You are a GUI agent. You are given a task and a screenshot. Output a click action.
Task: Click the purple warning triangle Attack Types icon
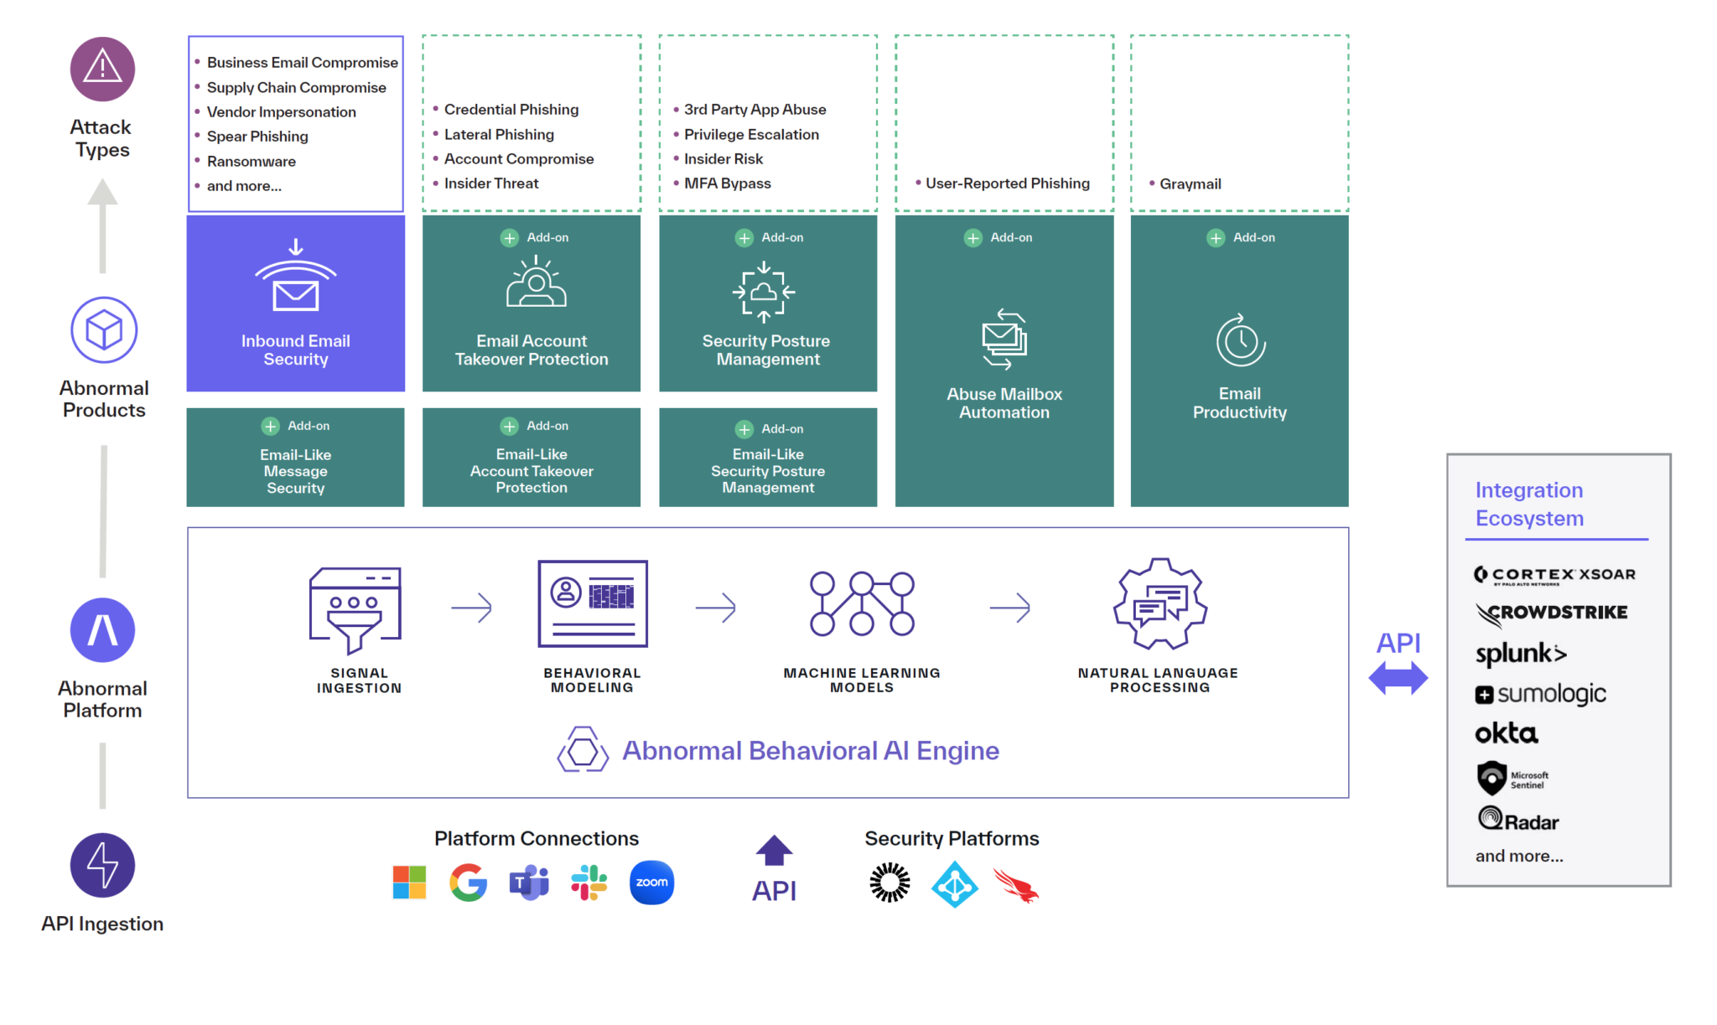(102, 69)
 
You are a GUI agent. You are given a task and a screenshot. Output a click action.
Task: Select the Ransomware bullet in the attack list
(251, 161)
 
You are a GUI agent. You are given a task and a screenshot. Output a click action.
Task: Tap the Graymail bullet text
(1190, 184)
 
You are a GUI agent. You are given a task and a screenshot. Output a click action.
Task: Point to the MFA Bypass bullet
(727, 183)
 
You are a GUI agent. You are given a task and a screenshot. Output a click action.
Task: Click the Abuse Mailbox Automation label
(1004, 403)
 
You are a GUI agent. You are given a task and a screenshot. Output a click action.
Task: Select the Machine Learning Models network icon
(862, 603)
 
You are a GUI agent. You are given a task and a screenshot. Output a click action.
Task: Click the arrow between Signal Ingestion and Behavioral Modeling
(471, 607)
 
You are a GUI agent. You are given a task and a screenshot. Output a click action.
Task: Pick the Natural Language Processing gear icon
(1160, 603)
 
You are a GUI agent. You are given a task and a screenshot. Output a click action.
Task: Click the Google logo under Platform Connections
(469, 883)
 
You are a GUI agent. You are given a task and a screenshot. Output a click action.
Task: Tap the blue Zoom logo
(651, 883)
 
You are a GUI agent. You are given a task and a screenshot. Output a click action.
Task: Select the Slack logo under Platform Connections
(589, 883)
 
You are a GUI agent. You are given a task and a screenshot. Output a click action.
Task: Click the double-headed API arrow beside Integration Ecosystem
(1398, 678)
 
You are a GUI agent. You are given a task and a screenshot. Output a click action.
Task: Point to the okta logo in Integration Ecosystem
(1507, 733)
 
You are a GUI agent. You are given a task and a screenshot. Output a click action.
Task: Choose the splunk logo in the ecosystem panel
(1521, 654)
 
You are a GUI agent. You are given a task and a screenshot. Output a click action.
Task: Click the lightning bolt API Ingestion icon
(102, 865)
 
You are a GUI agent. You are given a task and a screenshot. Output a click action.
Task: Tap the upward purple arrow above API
(774, 850)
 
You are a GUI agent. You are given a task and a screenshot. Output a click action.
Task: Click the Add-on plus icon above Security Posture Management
(744, 238)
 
